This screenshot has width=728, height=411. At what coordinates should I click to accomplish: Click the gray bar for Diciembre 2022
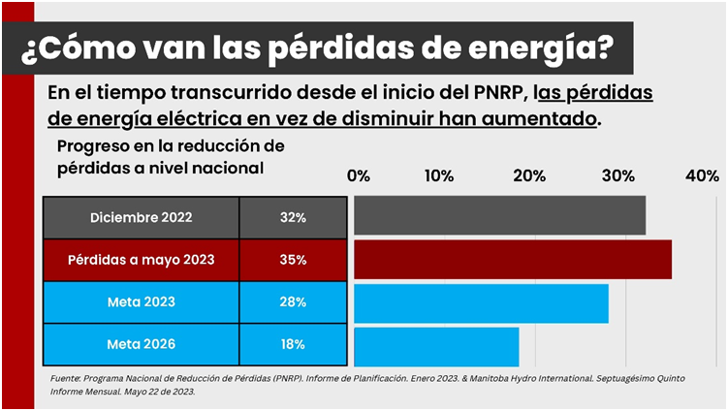coord(499,215)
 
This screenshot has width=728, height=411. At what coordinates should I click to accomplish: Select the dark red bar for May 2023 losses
coord(512,260)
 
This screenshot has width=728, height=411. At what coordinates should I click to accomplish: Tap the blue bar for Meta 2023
coord(481,302)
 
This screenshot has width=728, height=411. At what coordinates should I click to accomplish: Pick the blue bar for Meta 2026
coord(436,346)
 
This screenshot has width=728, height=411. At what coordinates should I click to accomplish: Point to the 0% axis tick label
coord(359,175)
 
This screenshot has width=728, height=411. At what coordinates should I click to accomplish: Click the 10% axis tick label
coord(439,175)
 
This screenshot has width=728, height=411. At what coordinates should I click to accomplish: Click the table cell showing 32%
coord(293,218)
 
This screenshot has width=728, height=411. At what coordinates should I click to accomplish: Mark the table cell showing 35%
coord(293,260)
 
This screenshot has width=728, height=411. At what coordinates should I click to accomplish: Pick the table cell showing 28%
coord(293,301)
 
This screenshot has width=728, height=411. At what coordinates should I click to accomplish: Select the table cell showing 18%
coord(293,344)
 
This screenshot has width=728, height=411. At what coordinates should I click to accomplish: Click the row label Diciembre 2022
coord(142,218)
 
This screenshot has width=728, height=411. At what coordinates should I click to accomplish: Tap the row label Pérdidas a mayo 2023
coord(142,260)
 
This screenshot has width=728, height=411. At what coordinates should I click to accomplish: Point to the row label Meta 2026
coord(142,344)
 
